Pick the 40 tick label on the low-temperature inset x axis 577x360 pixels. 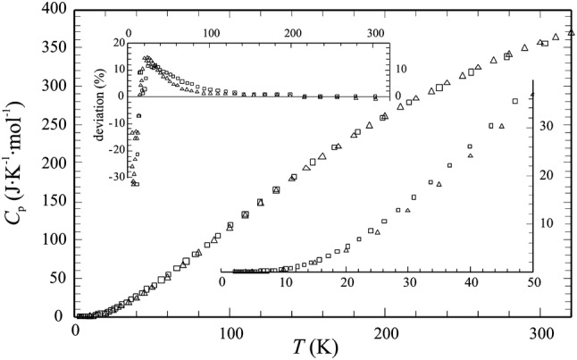(471, 283)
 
